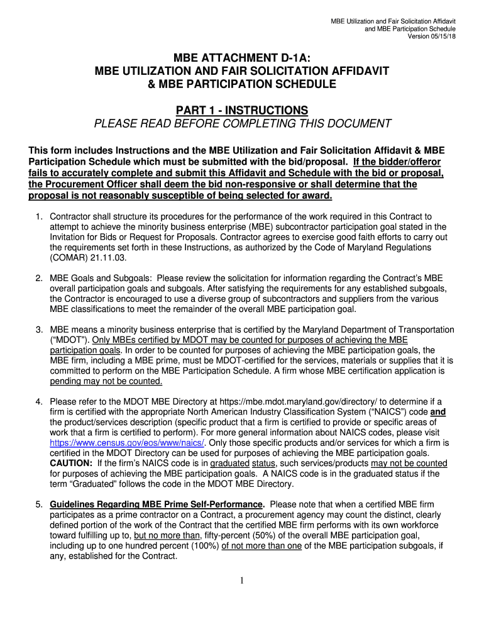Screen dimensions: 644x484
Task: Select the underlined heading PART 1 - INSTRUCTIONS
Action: click(x=242, y=109)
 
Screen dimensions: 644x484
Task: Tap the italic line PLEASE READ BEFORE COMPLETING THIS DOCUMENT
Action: click(x=242, y=123)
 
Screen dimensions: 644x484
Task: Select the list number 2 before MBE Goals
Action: click(x=38, y=278)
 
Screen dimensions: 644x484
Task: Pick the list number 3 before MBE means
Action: click(x=38, y=330)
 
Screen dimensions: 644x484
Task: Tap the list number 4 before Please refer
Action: click(x=38, y=402)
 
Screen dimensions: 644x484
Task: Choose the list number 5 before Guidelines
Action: click(x=38, y=504)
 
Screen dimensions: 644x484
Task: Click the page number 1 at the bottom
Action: click(x=242, y=580)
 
